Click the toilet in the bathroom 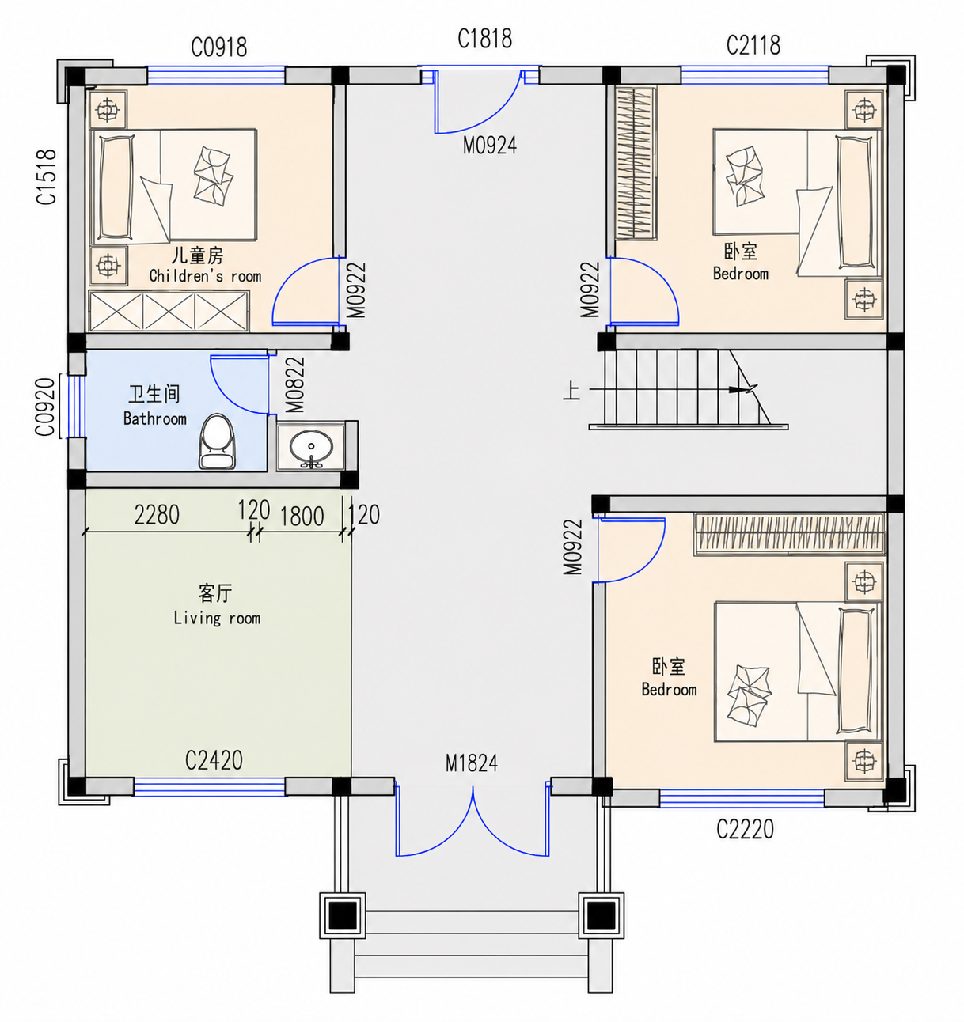tap(217, 441)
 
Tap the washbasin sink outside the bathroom tap(310, 448)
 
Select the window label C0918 tap(219, 47)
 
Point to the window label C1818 tap(484, 39)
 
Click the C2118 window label tap(753, 45)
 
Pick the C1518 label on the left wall tap(47, 177)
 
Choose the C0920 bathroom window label tap(45, 407)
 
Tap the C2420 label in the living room tap(214, 761)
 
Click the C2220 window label tap(745, 829)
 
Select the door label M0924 tap(490, 145)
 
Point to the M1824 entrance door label tap(472, 763)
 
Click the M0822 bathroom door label tap(295, 385)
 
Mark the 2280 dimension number tap(157, 515)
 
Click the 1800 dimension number tap(302, 517)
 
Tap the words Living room tap(217, 618)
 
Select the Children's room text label tap(205, 276)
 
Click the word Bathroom tap(154, 418)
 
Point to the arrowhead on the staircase tap(742, 389)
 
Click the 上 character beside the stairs tap(571, 391)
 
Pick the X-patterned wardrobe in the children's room tap(169, 312)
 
